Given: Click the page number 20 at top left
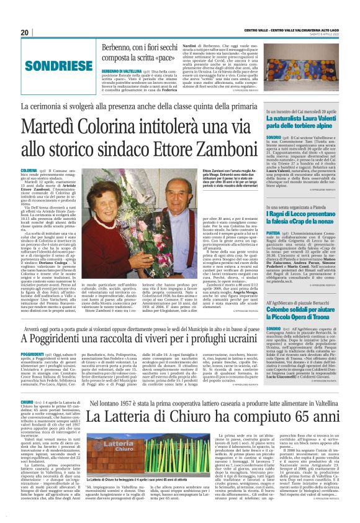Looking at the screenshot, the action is tap(24, 32).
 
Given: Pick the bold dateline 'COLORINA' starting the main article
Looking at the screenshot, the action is tap(29, 170).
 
